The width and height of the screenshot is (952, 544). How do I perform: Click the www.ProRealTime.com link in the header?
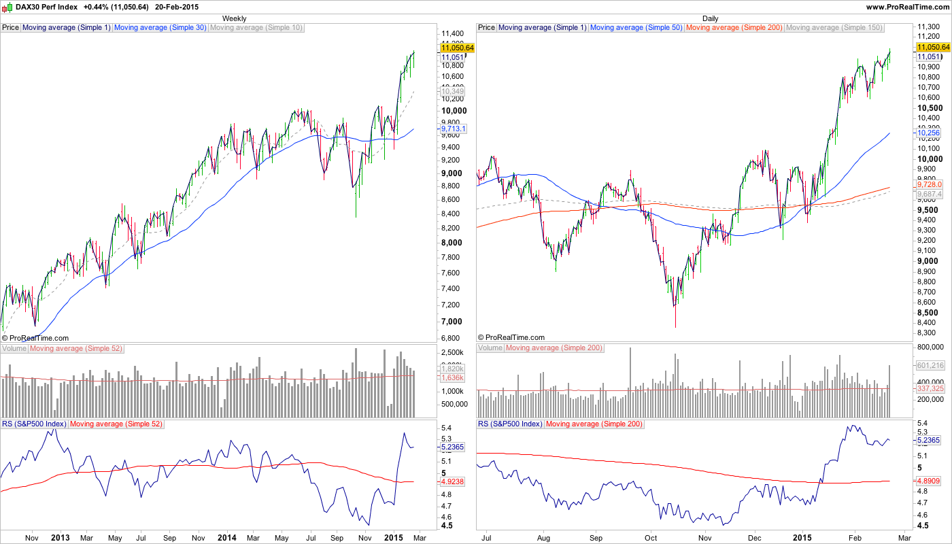906,6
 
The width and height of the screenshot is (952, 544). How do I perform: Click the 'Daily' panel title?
710,18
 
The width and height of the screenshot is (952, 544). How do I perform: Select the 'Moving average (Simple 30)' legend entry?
160,28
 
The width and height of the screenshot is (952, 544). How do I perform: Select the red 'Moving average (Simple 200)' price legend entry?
734,28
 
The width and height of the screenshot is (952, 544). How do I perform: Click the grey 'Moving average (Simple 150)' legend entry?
834,28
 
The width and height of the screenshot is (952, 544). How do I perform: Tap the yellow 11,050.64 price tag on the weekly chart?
457,48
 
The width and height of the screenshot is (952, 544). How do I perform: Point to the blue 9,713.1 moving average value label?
453,129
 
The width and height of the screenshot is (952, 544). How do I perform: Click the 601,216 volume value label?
930,365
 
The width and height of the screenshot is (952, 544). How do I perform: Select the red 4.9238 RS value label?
452,481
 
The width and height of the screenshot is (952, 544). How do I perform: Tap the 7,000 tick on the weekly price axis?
452,322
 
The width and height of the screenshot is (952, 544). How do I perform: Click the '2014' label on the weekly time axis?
226,538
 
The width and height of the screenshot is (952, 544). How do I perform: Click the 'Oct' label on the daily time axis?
651,538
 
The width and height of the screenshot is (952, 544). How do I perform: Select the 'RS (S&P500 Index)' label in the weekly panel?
34,424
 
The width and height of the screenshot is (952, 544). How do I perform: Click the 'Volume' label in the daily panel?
490,348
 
